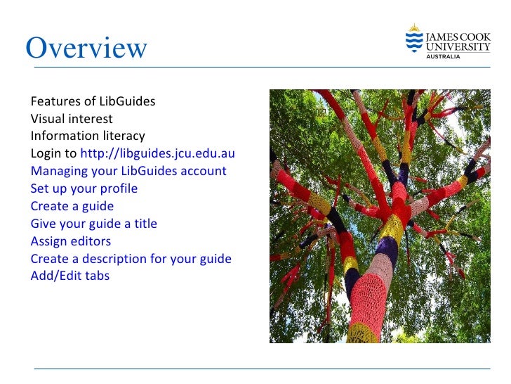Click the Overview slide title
point(86,48)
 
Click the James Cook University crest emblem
point(414,39)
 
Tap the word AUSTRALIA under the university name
point(444,57)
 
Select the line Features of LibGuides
point(93,101)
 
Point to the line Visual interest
point(71,119)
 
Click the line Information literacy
point(88,136)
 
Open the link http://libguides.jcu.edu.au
point(157,153)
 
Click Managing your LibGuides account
point(128,171)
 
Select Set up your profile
point(84,188)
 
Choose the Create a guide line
point(72,206)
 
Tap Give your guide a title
point(93,224)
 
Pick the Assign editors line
point(70,241)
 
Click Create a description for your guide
point(131,259)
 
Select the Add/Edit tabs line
point(69,276)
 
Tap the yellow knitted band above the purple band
point(390,226)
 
